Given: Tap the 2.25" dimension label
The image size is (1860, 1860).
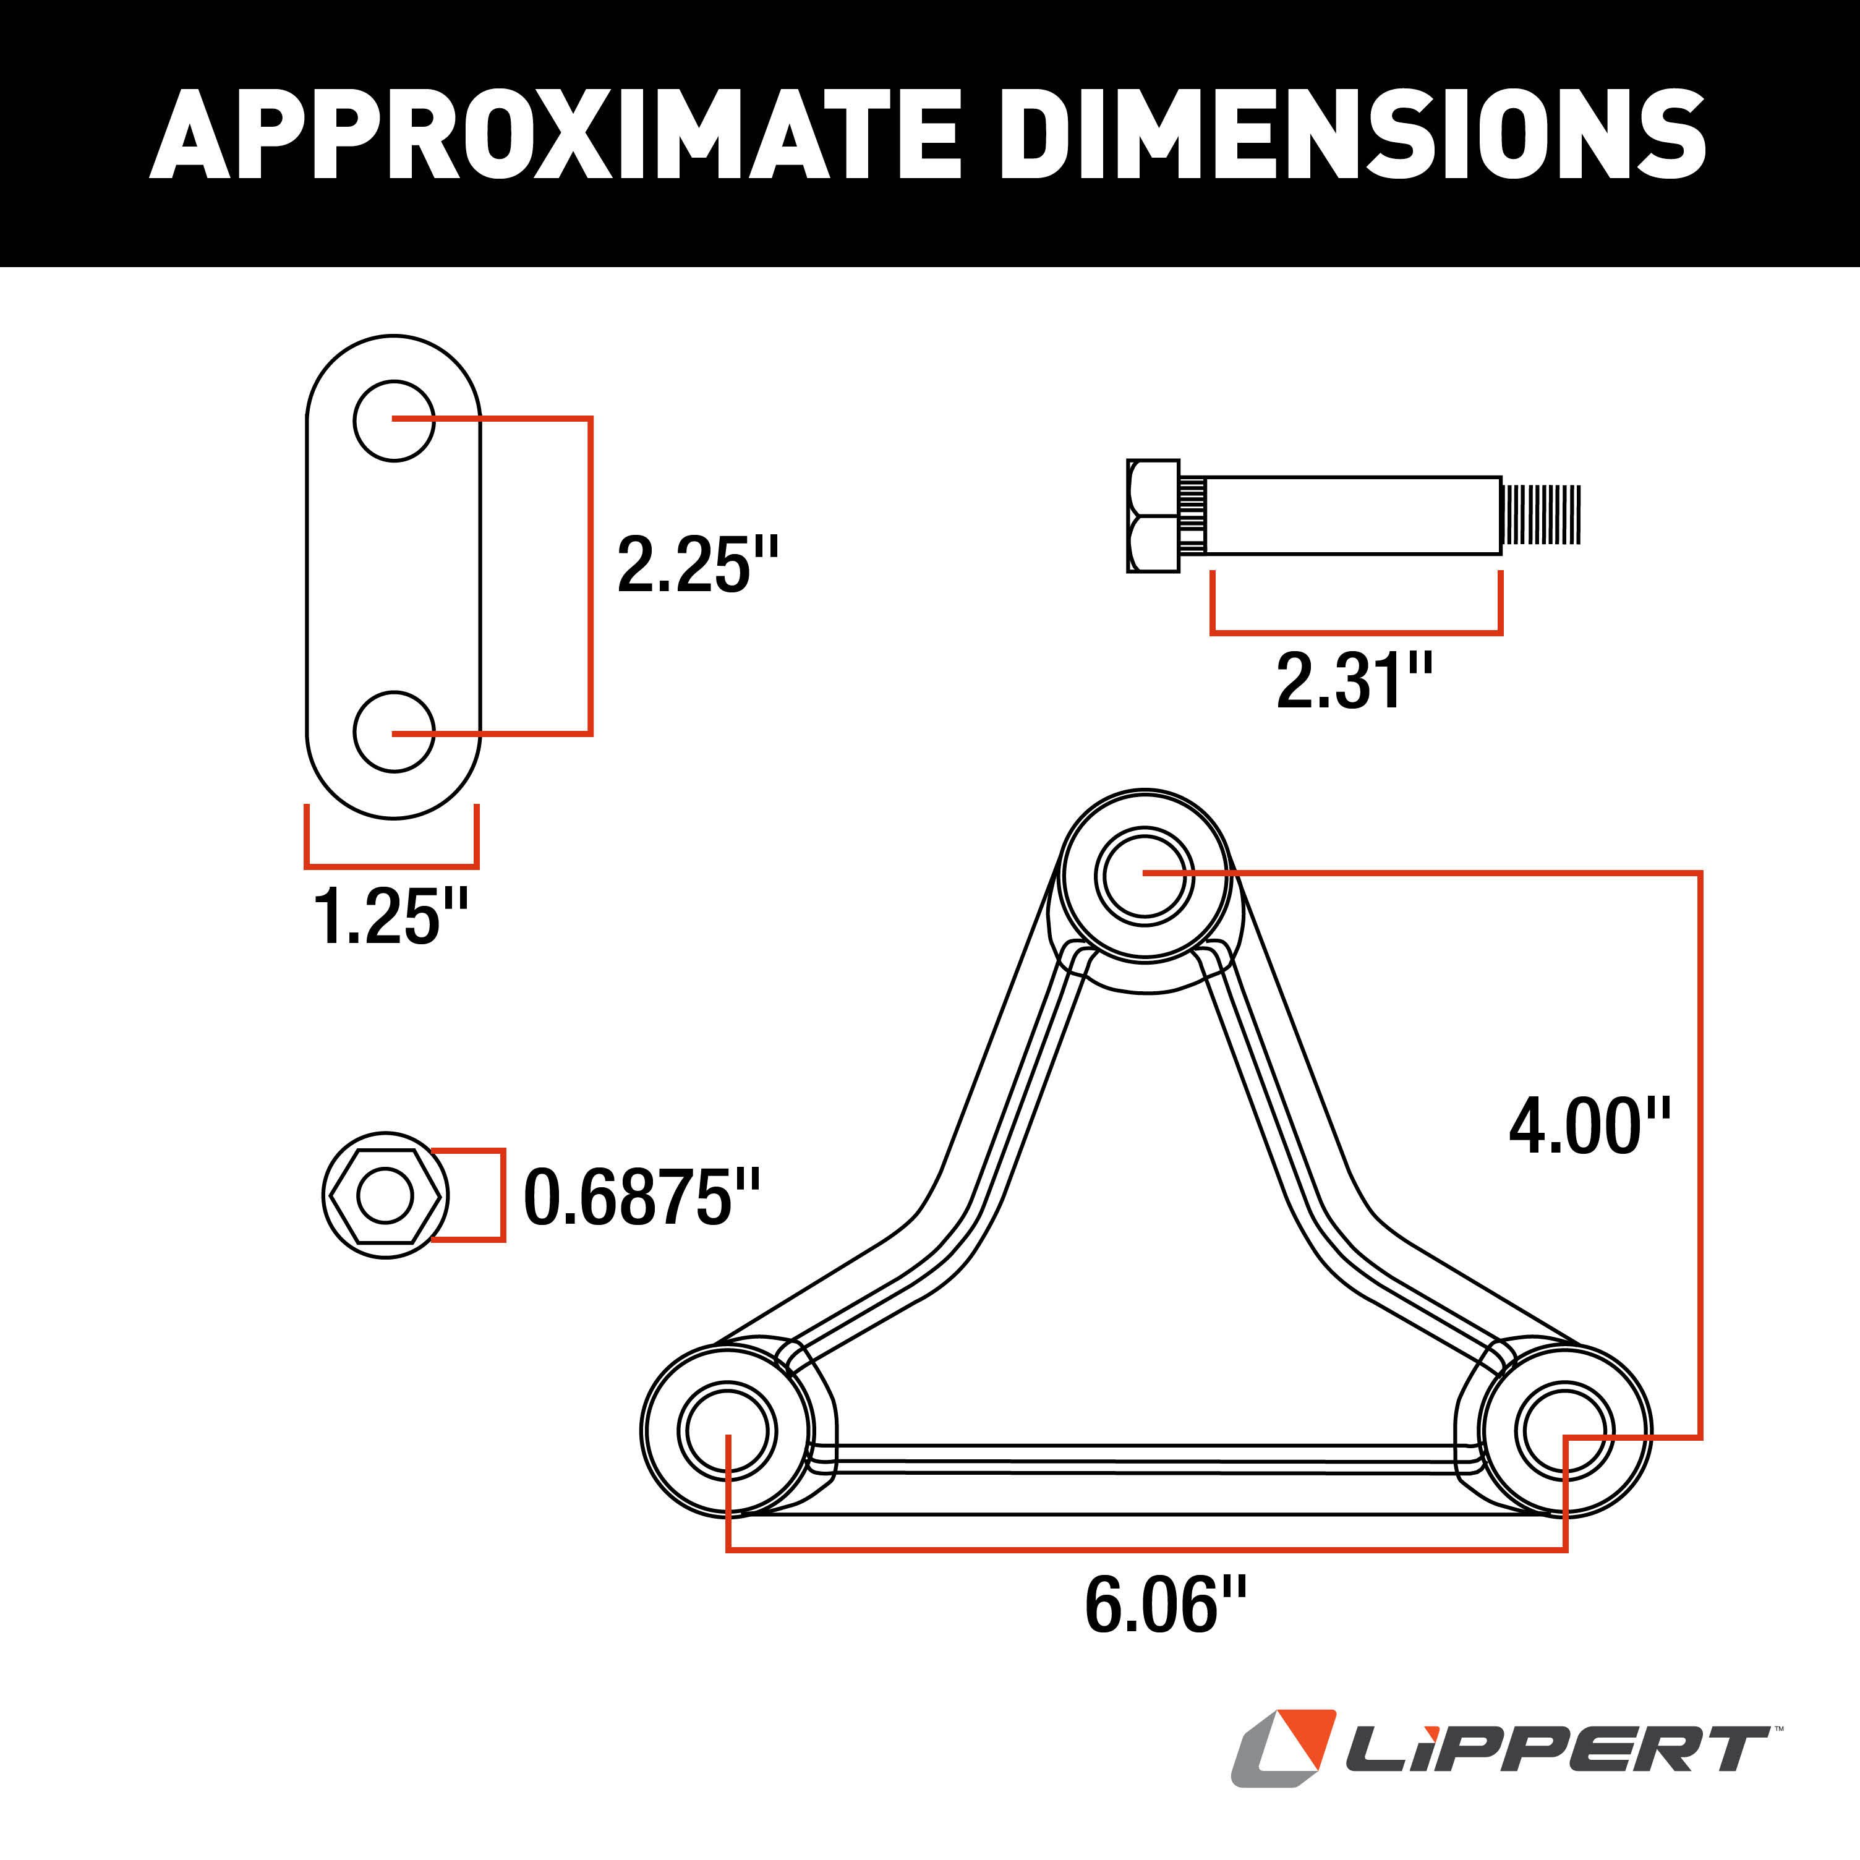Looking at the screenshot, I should point(696,565).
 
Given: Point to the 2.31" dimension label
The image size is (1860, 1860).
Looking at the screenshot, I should point(1354,681).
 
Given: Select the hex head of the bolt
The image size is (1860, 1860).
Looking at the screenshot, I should point(1153,516).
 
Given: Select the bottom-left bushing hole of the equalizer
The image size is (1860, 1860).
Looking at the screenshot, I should point(726,1431).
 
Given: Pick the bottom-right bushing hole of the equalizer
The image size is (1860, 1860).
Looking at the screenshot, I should point(1564,1431).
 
